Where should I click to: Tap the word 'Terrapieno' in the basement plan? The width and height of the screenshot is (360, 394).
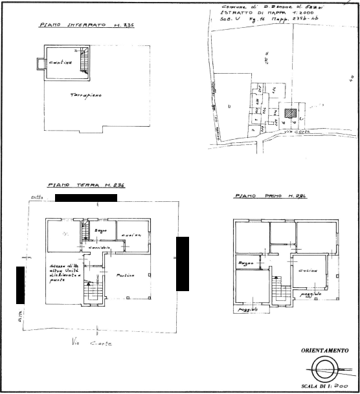point(86,94)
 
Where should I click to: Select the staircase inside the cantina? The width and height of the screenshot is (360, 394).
point(82,61)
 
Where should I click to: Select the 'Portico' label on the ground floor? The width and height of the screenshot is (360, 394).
point(125,276)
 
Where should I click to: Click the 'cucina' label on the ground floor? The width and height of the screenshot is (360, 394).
point(133,235)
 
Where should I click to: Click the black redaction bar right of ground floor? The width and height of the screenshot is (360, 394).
point(183,263)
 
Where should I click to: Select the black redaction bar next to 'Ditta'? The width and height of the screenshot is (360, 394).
point(85,197)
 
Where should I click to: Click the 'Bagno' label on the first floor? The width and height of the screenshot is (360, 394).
point(244,264)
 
